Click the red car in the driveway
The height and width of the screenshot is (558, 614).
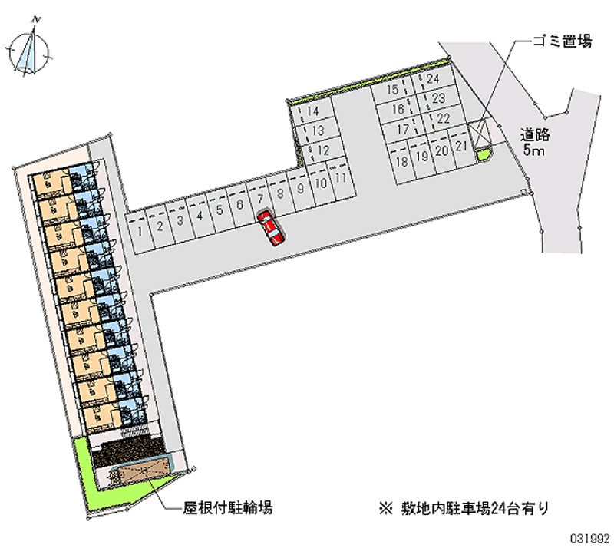coord(271,228)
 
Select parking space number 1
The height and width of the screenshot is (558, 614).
coord(140,232)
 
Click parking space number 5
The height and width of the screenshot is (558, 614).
coord(220,210)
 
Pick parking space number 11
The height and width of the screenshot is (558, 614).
coord(342,178)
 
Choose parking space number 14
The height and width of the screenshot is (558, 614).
coord(312,111)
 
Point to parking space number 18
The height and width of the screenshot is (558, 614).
coord(402,162)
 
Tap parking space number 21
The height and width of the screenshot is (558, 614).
coord(461,146)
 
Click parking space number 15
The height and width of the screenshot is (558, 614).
coord(392,90)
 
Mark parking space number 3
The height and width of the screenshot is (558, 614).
coord(180,220)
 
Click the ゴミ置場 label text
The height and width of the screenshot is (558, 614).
coord(563,41)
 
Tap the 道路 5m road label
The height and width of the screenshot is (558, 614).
coord(534,142)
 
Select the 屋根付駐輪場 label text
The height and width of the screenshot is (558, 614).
coord(227,508)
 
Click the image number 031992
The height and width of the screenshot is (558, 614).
coord(589,540)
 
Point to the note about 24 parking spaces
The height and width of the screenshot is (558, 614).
coord(464,508)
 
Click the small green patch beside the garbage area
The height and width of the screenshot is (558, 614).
coord(484,153)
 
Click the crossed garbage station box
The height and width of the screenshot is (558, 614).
coord(480,133)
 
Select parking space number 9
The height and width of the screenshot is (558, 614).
coord(300,189)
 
